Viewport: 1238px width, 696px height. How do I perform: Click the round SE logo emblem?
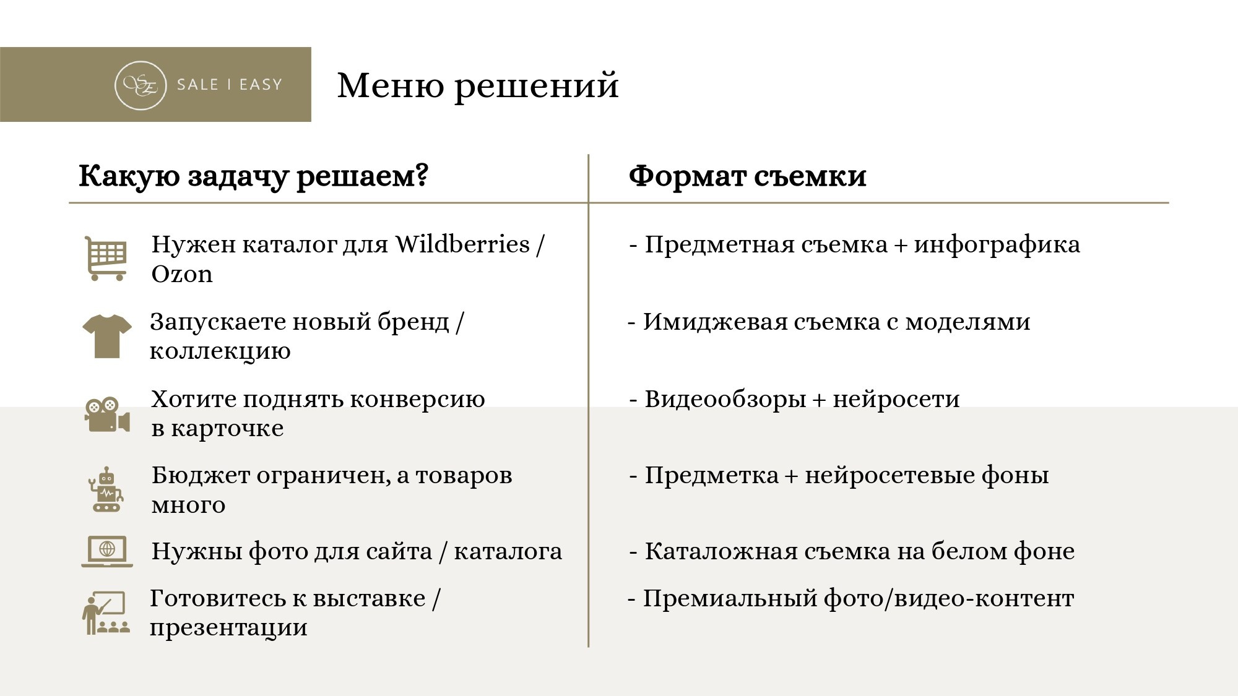coord(141,85)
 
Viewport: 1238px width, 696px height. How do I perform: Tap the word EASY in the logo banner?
coord(261,85)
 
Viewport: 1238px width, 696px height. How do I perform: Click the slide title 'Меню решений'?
coord(477,85)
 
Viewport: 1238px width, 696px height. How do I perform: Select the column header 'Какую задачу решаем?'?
coord(253,176)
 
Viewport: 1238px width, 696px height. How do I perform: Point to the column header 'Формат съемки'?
coord(747,176)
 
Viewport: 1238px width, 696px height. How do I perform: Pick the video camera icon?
coord(107,414)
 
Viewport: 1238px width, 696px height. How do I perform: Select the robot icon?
coord(106,489)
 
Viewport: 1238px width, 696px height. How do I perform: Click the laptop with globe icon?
coord(107,551)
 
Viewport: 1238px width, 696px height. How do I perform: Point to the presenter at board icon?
coord(106,613)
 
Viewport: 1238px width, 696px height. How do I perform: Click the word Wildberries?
coord(462,245)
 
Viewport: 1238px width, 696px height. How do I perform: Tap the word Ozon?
coord(182,274)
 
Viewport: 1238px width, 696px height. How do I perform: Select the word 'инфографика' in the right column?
coord(997,245)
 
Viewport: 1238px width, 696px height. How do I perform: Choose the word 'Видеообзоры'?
coord(725,400)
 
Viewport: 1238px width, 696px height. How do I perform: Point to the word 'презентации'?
coord(228,628)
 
